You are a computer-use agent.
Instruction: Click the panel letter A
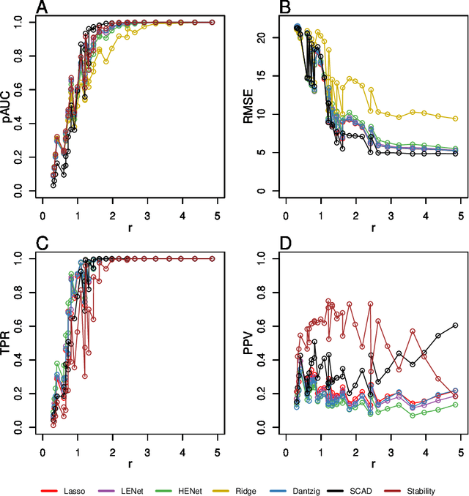click(43, 8)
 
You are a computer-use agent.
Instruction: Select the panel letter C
click(43, 244)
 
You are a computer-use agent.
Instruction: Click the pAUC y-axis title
click(8, 106)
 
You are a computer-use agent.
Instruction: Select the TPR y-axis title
click(8, 342)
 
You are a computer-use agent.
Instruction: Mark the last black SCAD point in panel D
click(455, 325)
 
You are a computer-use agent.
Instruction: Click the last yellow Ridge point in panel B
click(455, 119)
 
